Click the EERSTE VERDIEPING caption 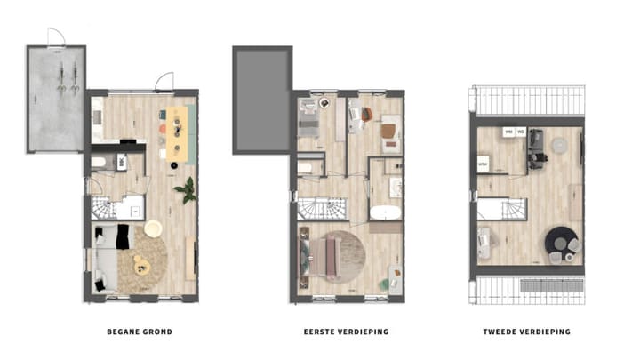348,332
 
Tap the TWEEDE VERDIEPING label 528,332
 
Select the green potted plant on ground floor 187,189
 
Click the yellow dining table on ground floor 177,134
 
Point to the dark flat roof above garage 261,100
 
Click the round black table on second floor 559,240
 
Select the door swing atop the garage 55,36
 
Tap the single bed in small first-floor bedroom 308,120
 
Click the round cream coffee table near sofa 152,228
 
